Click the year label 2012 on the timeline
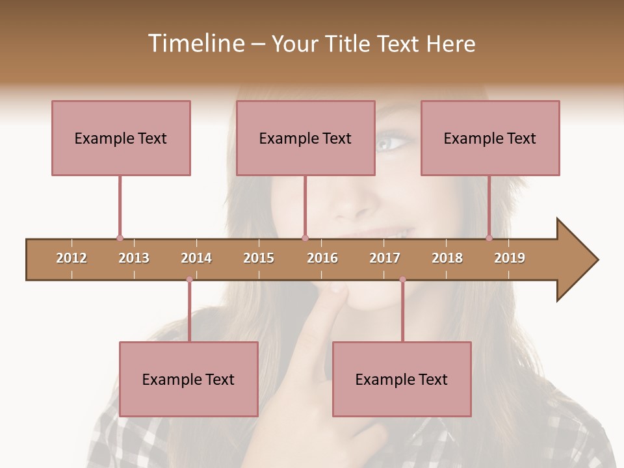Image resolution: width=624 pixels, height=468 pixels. (x=71, y=258)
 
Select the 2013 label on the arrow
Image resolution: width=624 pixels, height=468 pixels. (x=134, y=258)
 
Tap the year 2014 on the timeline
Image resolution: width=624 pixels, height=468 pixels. (x=196, y=258)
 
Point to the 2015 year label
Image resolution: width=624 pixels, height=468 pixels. (x=259, y=258)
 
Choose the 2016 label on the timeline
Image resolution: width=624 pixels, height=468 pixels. (x=322, y=258)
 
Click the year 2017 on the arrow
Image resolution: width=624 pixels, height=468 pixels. (x=385, y=258)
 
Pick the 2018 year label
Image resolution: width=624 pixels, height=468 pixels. (x=447, y=258)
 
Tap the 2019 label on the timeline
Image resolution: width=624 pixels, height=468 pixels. (x=510, y=258)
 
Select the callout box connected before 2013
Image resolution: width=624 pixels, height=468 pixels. (x=121, y=138)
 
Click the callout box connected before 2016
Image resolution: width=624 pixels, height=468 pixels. (x=305, y=138)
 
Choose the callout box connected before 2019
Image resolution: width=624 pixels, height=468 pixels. (x=490, y=138)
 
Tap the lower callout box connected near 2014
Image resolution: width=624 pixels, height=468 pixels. (x=188, y=379)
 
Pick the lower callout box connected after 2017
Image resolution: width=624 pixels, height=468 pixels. (x=402, y=379)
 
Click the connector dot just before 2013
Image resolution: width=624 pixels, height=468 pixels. (x=120, y=239)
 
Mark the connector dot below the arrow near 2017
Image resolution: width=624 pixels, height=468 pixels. (x=402, y=279)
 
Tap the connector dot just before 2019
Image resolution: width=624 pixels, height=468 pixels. (x=489, y=239)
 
